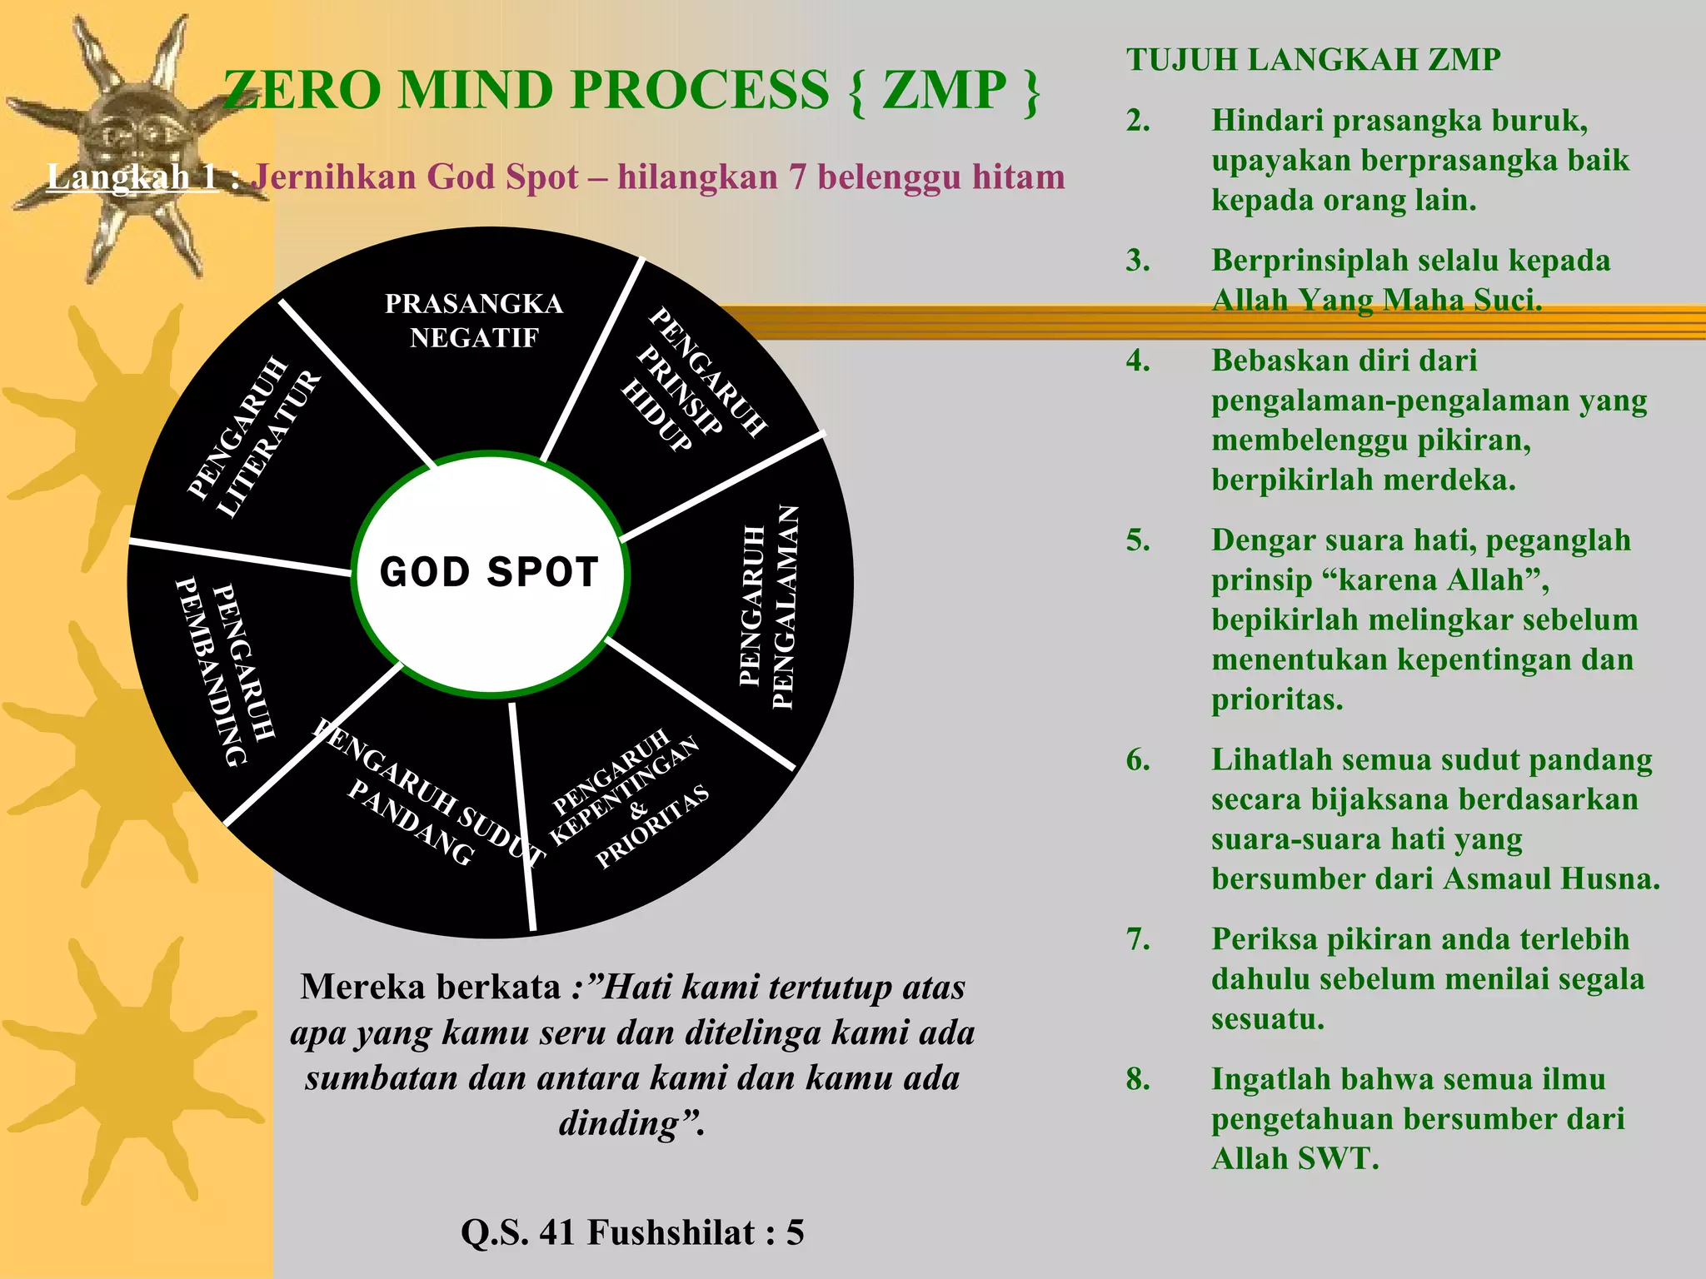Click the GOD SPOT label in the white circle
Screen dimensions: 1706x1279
coord(489,573)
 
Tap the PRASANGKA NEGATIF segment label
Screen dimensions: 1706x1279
coord(474,321)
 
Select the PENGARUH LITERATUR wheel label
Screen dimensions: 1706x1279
coord(254,437)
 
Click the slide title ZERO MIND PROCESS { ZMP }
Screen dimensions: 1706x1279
coord(631,90)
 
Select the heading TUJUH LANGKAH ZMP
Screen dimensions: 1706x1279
coord(1313,60)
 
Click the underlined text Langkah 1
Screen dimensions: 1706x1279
coord(132,177)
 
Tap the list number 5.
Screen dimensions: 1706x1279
coord(1138,540)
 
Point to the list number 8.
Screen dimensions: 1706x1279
coord(1138,1079)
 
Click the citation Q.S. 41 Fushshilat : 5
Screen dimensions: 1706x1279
coord(632,1232)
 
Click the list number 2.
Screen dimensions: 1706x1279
coord(1138,122)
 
